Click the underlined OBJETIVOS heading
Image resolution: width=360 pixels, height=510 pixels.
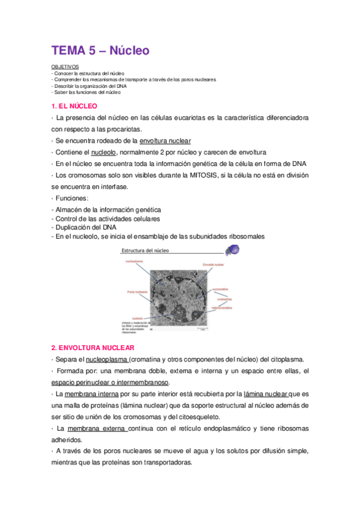coord(63,67)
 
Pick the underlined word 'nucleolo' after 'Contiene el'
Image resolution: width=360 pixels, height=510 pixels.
coord(108,152)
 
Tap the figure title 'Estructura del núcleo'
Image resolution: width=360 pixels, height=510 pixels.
coord(145,250)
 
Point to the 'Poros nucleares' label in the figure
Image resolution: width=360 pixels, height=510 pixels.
coord(138,292)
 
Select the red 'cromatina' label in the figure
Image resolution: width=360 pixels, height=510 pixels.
coord(224,299)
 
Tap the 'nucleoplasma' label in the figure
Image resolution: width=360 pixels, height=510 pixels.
coord(135,262)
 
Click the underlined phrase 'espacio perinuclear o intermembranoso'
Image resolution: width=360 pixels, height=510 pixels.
coord(111,382)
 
